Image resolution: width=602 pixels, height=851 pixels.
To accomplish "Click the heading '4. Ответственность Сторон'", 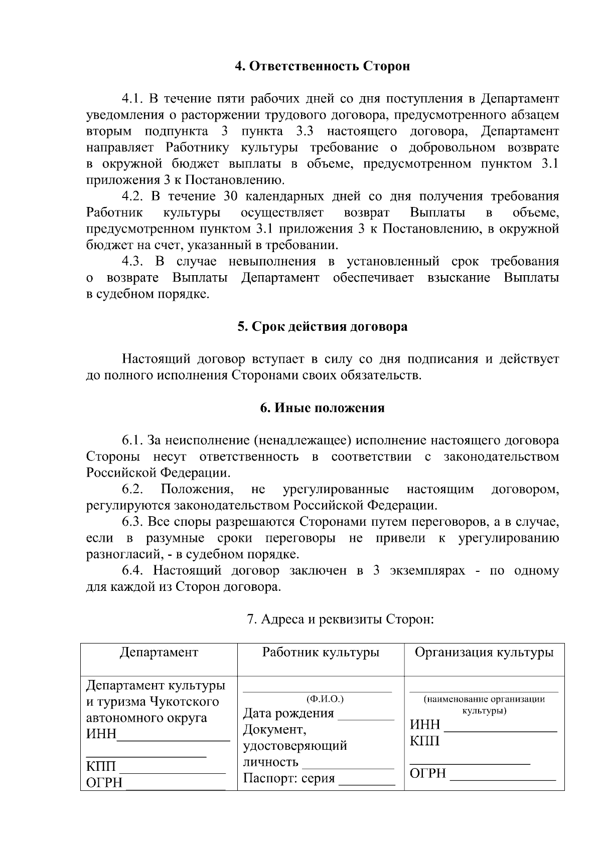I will point(323,66).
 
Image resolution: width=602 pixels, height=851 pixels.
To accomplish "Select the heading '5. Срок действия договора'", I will point(323,327).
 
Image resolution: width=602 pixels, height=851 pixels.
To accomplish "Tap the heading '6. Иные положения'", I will point(323,408).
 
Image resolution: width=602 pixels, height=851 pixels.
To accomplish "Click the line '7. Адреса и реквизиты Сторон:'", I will point(340,619).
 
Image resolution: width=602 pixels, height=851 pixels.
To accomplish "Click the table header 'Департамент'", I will point(159,653).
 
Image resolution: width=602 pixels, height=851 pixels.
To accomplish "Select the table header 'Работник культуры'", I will point(321,653).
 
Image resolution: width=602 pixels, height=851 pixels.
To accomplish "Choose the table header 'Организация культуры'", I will point(484,653).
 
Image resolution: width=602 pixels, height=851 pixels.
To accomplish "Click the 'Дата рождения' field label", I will point(288,713).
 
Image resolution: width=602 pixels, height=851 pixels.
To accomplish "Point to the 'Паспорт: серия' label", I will point(288,779).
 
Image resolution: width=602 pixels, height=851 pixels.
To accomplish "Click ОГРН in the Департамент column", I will point(104,783).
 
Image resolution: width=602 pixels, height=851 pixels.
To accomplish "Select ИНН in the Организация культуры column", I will point(425,725).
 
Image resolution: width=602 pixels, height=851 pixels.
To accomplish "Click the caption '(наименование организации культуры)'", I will point(484,705).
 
